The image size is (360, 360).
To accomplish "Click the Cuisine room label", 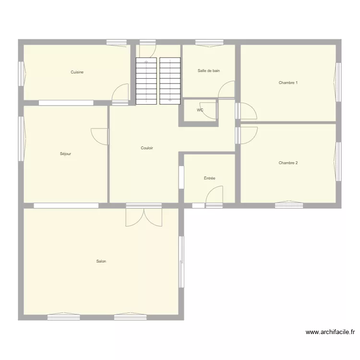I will [x=77, y=72].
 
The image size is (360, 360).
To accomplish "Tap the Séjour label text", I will [x=66, y=154].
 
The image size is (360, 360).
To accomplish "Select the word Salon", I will [x=101, y=262].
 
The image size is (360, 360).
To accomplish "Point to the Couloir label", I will [x=147, y=148].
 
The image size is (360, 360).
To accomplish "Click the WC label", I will [x=200, y=110].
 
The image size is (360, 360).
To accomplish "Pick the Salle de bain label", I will [x=209, y=71].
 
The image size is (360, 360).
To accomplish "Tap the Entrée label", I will [x=209, y=179].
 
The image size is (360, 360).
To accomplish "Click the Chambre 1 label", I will [x=288, y=83].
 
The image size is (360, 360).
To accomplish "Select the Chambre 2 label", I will [x=288, y=163].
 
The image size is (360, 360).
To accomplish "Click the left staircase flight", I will [x=146, y=81].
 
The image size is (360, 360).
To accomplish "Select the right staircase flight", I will [x=170, y=81].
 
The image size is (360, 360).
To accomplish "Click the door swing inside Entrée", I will [x=215, y=196].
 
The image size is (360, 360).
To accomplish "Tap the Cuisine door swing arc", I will [x=121, y=93].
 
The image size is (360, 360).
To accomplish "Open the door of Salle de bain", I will [x=227, y=90].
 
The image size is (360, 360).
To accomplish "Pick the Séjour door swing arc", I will [x=100, y=136].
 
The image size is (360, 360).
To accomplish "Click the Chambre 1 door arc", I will [x=248, y=111].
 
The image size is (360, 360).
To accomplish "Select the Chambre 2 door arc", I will [x=248, y=134].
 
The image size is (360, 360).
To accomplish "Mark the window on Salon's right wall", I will [x=181, y=262].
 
